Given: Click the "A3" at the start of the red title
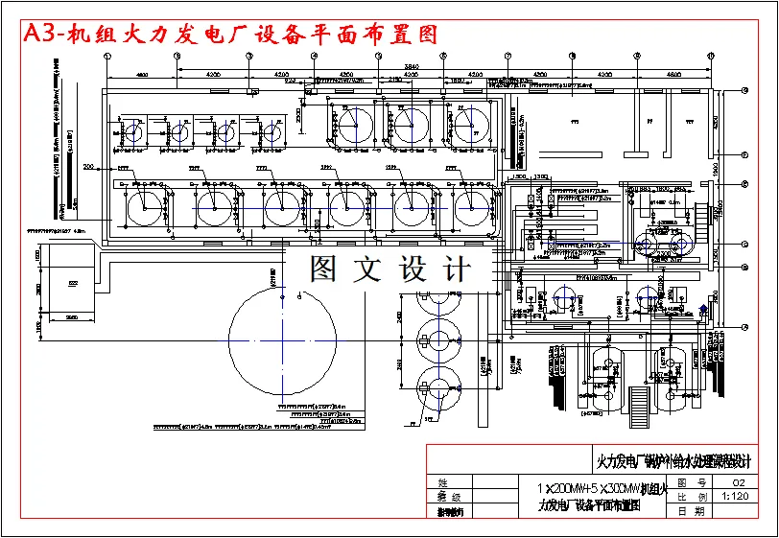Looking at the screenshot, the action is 40,35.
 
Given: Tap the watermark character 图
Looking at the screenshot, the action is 323,269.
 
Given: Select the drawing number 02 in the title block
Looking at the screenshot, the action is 738,482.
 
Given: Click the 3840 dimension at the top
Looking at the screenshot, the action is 410,66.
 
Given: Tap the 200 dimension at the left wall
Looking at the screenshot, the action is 89,167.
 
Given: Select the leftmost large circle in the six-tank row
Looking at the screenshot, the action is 143,206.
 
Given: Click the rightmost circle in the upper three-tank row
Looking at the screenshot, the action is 471,126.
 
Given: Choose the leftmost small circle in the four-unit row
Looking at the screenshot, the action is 131,132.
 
